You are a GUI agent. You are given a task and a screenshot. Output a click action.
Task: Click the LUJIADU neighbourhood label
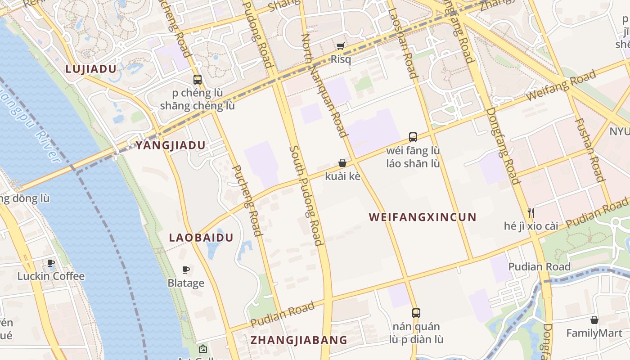[x=91, y=69]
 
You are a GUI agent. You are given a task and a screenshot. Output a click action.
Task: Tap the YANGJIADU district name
[x=171, y=145]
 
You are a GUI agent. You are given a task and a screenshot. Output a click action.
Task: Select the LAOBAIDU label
[x=201, y=238]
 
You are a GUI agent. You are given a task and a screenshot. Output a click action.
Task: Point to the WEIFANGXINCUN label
[x=423, y=217]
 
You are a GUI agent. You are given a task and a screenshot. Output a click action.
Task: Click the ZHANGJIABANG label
[x=299, y=340]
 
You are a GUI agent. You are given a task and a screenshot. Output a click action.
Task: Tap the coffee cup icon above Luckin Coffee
[x=51, y=263]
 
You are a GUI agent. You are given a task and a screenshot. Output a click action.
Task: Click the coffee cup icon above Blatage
[x=185, y=270]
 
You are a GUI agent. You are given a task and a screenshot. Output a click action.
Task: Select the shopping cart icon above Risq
[x=341, y=46]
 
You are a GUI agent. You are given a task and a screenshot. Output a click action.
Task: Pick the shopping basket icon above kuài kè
[x=342, y=163]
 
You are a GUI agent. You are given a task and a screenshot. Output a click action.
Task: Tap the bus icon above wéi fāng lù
[x=413, y=137]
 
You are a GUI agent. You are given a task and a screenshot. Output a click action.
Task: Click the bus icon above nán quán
[x=416, y=313]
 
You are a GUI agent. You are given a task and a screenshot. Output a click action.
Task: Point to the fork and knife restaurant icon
[x=531, y=212]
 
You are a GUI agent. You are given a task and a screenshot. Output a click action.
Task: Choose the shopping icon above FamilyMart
[x=594, y=320]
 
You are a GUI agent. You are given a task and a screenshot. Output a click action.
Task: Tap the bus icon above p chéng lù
[x=198, y=80]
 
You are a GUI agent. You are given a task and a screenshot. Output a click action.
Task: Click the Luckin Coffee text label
[x=51, y=276]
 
